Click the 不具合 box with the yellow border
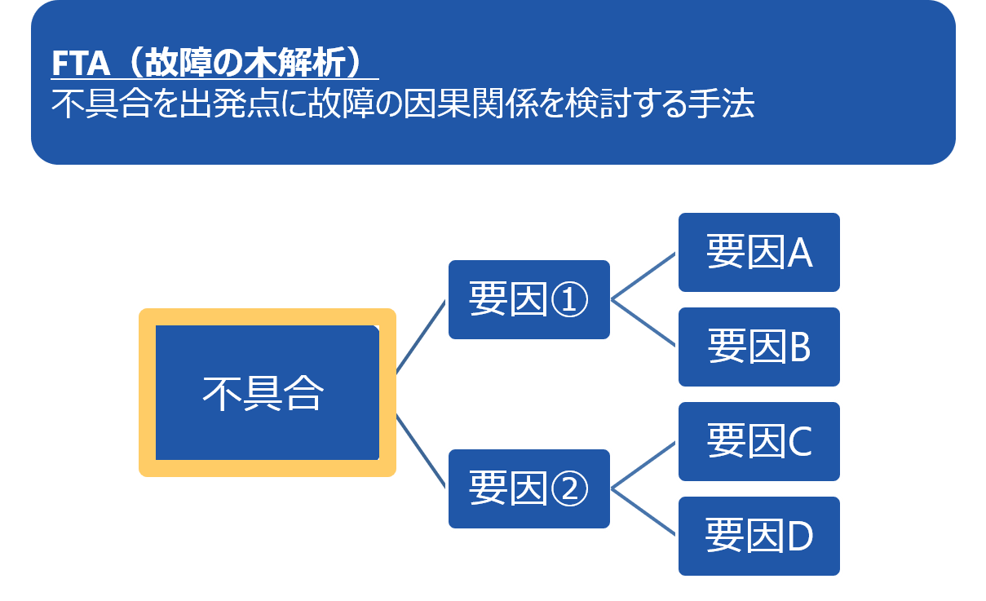point(267,393)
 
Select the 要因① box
point(528,300)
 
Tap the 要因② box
point(528,488)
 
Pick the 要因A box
point(759,253)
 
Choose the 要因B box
point(759,347)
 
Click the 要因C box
point(759,441)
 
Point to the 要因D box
point(759,536)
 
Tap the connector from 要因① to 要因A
point(644,276)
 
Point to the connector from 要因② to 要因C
point(644,465)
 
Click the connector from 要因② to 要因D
point(644,512)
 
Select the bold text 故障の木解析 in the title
point(244,64)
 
